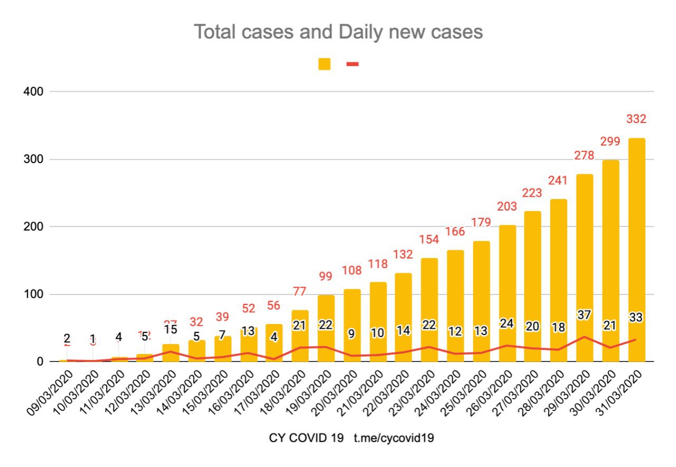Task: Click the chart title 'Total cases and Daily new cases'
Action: click(338, 32)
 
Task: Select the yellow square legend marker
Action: click(324, 64)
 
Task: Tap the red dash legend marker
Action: click(352, 64)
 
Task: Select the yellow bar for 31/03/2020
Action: click(636, 248)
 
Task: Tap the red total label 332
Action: click(636, 119)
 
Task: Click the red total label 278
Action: click(585, 156)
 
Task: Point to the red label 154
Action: click(429, 239)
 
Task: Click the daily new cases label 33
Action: click(636, 318)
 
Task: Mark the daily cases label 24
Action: click(507, 323)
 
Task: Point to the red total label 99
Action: click(326, 277)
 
